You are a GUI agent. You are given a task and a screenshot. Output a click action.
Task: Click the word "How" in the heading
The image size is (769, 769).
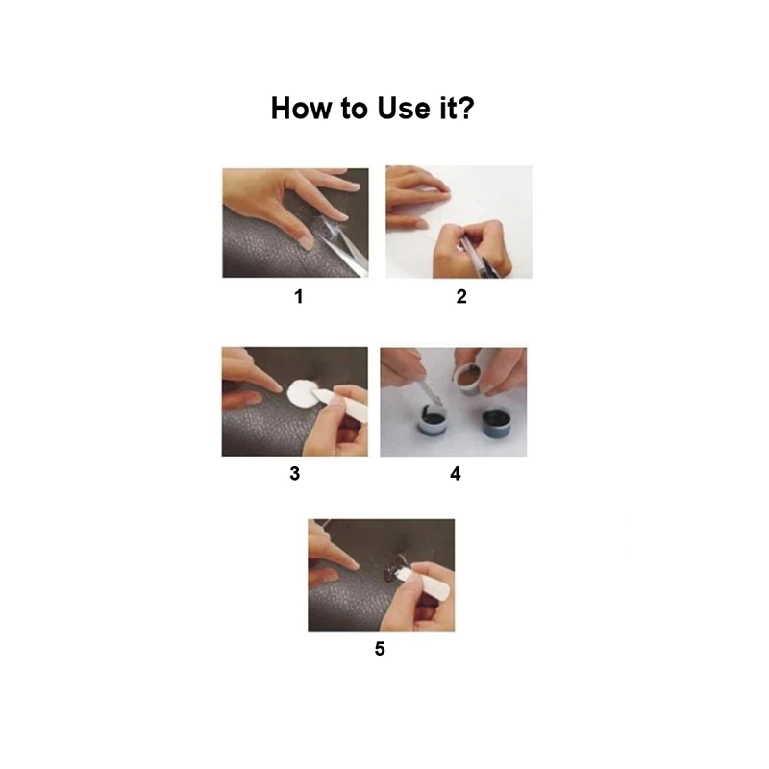[x=302, y=108]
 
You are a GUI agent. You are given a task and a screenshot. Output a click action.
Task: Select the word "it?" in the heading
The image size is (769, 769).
[x=458, y=108]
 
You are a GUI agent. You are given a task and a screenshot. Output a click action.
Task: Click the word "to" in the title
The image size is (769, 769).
[x=355, y=109]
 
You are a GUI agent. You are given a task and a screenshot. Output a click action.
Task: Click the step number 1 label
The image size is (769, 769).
[x=298, y=296]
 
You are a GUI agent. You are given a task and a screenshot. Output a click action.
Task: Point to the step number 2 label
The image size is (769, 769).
[x=461, y=296]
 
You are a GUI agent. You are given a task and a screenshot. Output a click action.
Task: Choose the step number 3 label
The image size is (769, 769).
[x=294, y=473]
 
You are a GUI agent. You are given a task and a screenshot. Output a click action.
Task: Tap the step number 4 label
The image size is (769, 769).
[x=455, y=473]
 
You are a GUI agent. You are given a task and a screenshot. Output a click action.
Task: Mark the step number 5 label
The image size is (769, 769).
[x=380, y=648]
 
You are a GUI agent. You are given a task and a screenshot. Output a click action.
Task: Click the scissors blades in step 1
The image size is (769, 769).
[x=345, y=247]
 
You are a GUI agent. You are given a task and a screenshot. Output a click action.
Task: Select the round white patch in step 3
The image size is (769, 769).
[x=301, y=394]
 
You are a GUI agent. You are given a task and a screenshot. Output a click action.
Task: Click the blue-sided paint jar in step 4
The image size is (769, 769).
[x=497, y=423]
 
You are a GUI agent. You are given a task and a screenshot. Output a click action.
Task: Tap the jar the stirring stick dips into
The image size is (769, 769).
[x=434, y=420]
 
